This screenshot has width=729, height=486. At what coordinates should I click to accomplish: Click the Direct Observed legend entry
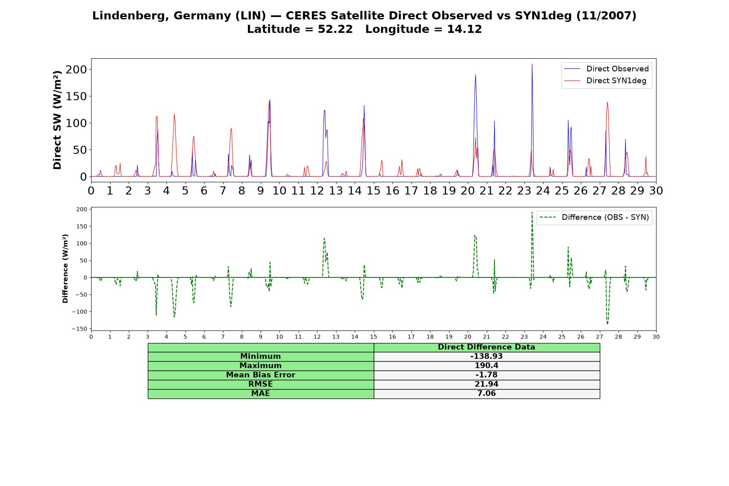(x=606, y=69)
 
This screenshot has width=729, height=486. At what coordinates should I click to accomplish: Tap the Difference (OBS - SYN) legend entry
(x=594, y=217)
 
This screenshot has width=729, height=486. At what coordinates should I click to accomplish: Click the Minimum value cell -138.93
(x=486, y=356)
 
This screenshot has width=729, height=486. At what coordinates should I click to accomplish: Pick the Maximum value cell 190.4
(x=486, y=366)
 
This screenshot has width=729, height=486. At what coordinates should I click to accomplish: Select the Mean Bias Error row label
(x=260, y=375)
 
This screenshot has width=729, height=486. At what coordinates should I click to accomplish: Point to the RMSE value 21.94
(x=486, y=384)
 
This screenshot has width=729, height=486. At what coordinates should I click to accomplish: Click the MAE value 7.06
(x=486, y=394)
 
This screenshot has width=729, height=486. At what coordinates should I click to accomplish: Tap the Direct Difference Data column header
(x=486, y=347)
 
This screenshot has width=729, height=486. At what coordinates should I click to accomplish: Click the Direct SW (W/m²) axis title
(x=57, y=120)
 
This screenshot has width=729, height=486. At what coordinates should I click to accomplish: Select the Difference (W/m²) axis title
(x=65, y=269)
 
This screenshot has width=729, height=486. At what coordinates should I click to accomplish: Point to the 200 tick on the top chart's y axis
(x=76, y=70)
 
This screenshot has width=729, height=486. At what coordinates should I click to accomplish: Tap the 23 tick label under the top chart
(x=524, y=190)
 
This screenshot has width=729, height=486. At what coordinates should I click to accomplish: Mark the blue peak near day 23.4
(x=532, y=64)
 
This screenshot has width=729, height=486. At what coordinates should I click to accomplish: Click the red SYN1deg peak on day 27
(x=607, y=102)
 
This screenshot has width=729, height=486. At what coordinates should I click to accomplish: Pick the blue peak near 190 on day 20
(x=475, y=75)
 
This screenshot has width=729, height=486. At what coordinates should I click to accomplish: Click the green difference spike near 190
(x=532, y=213)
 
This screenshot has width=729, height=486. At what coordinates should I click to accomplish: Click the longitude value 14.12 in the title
(x=465, y=30)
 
